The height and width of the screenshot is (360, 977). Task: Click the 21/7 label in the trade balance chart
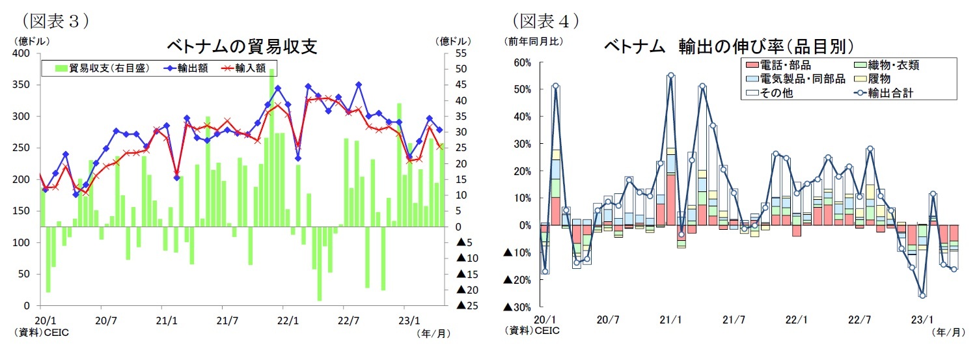tap(223, 320)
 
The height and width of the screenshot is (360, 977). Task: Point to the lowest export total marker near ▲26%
tap(922, 295)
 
